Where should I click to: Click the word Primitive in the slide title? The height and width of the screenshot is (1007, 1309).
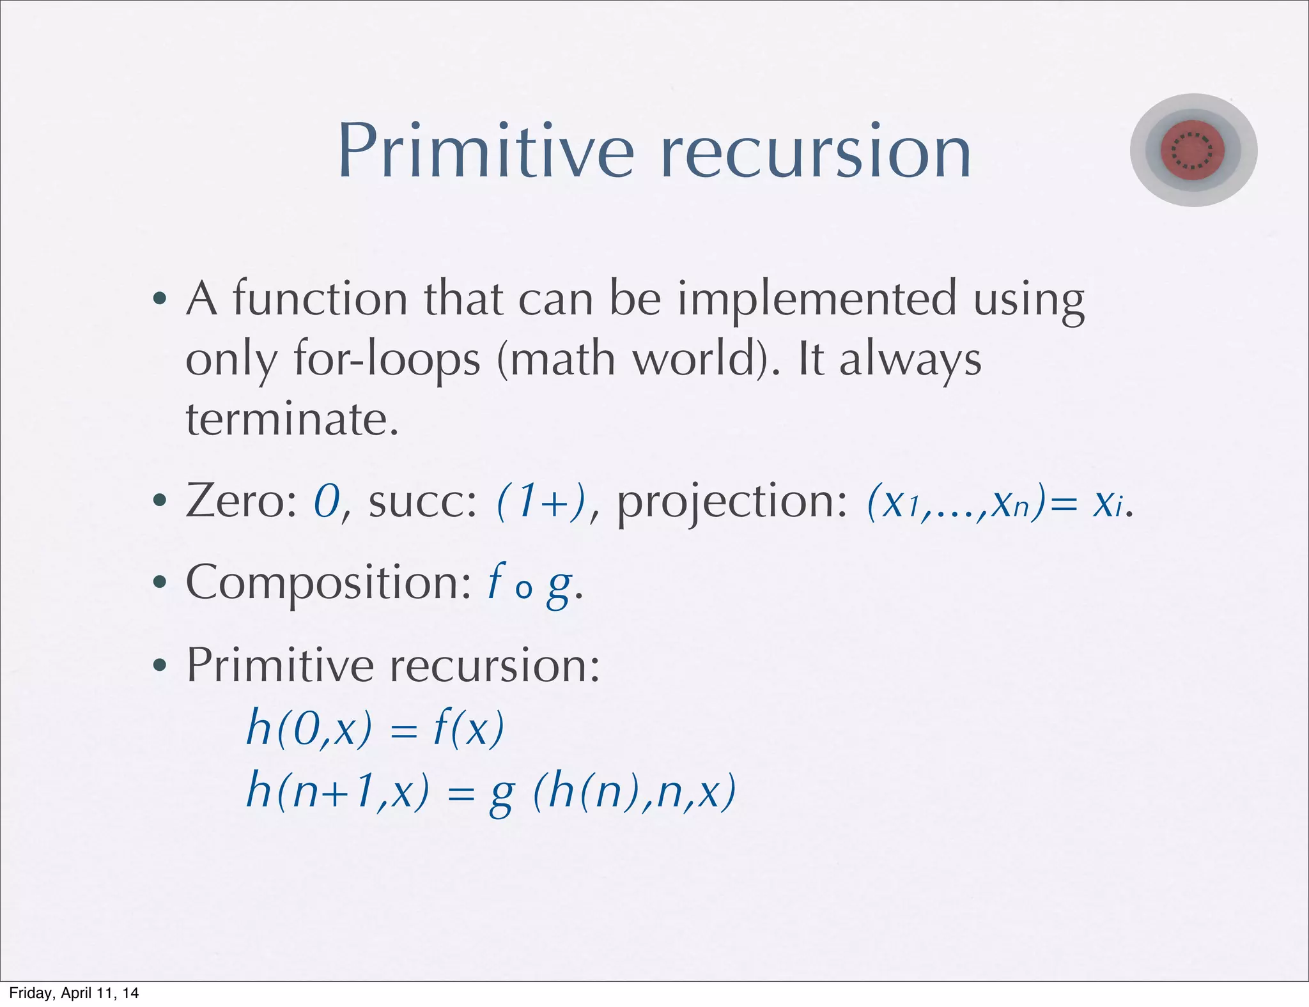coord(486,152)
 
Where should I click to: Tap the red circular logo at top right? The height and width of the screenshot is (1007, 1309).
coord(1193,150)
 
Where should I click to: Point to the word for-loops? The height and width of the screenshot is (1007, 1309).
coord(387,360)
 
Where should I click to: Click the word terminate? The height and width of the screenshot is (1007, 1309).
coord(292,420)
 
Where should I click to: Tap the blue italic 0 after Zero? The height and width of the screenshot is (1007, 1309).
coord(327,502)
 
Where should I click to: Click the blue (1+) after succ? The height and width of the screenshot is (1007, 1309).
coord(542,502)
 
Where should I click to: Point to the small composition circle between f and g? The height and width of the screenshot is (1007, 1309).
coord(523,590)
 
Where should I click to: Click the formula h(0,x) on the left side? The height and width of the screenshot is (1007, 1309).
coord(309,728)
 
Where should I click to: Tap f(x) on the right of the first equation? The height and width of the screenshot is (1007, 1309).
coord(469,728)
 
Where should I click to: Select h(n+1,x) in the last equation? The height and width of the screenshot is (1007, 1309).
coord(337,792)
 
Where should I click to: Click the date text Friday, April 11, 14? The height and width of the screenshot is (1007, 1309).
coord(74,993)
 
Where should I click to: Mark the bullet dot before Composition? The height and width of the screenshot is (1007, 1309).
coord(160,583)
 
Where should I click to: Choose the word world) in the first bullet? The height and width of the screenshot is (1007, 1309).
coord(707,360)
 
